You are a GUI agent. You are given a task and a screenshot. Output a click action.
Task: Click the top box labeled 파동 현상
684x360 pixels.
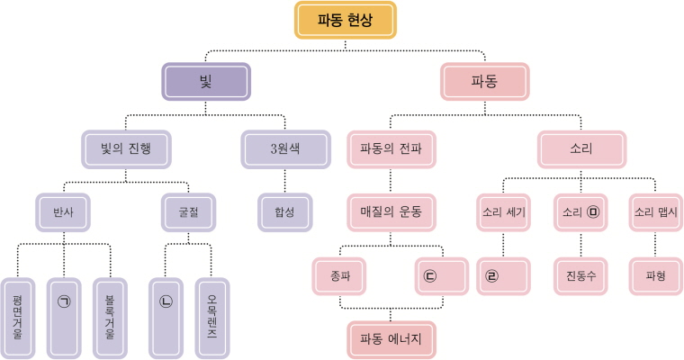[x=346, y=20]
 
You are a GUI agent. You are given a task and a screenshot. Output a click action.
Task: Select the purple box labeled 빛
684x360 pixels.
[x=203, y=81]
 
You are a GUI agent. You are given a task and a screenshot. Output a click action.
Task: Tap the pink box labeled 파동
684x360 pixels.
[x=484, y=81]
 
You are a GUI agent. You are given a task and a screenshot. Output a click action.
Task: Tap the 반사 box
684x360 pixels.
[x=63, y=213]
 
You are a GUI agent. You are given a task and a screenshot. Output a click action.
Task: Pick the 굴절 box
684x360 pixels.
[x=188, y=213]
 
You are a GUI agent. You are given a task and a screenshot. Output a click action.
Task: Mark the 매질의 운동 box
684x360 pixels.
[x=391, y=213]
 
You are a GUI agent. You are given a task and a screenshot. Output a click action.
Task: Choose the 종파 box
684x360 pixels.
[x=340, y=275]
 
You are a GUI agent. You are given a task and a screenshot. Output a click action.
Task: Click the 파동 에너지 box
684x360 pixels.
[x=391, y=339]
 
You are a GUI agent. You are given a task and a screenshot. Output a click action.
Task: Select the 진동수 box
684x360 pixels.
[x=580, y=275]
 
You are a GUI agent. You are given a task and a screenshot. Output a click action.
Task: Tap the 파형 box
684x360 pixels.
[x=654, y=275]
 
